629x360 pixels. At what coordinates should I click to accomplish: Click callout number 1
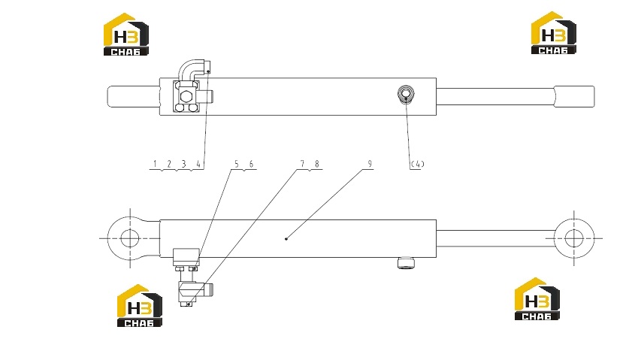pyautogui.click(x=155, y=164)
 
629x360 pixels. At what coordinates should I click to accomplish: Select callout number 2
pyautogui.click(x=169, y=164)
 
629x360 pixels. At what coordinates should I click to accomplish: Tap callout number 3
pyautogui.click(x=183, y=164)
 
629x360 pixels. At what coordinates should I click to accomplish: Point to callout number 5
pyautogui.click(x=237, y=164)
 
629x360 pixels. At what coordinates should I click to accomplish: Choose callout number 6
pyautogui.click(x=251, y=164)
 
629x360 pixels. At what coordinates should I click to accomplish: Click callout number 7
pyautogui.click(x=302, y=164)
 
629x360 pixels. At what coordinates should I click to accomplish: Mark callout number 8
pyautogui.click(x=317, y=164)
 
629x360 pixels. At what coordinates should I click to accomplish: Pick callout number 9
pyautogui.click(x=370, y=164)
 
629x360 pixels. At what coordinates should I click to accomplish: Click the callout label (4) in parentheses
pyautogui.click(x=417, y=164)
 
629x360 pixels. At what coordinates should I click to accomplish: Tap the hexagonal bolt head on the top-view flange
pyautogui.click(x=186, y=96)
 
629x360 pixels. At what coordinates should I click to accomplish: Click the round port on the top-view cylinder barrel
pyautogui.click(x=406, y=94)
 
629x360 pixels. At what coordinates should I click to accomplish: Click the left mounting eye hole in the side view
pyautogui.click(x=129, y=238)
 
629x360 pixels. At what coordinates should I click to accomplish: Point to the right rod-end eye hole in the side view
pyautogui.click(x=574, y=238)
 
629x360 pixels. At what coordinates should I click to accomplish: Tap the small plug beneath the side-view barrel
pyautogui.click(x=406, y=263)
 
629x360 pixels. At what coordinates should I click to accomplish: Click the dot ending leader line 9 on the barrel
pyautogui.click(x=286, y=239)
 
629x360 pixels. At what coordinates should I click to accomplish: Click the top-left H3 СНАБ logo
pyautogui.click(x=126, y=35)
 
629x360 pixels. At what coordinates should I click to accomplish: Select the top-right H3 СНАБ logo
pyautogui.click(x=554, y=33)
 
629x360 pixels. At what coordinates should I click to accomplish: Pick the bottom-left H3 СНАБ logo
pyautogui.click(x=140, y=305)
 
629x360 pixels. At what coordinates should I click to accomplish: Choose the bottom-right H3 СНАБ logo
pyautogui.click(x=537, y=298)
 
